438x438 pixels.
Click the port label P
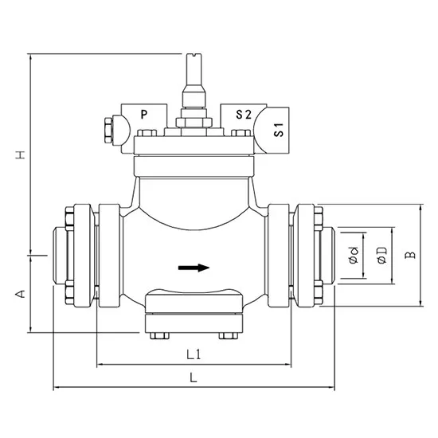point(144,115)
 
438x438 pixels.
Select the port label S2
point(244,115)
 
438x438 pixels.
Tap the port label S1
point(280,131)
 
